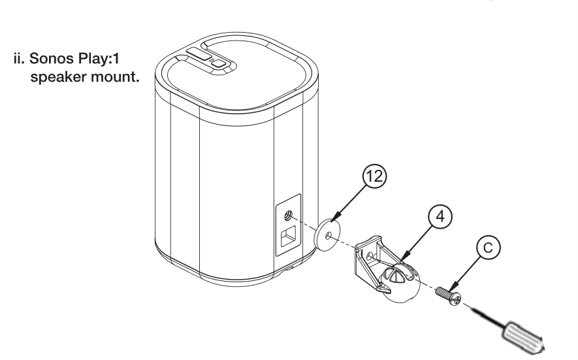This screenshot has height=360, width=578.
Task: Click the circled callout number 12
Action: (x=374, y=176)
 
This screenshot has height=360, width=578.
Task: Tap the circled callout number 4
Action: (x=440, y=216)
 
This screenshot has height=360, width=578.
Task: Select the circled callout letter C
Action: (x=488, y=248)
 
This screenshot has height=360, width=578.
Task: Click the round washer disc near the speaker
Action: (x=327, y=235)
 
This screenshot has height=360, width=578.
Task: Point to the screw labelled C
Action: (x=448, y=296)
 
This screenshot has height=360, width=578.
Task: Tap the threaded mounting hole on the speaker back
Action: (x=288, y=215)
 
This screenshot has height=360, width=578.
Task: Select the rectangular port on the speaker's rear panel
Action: (x=288, y=237)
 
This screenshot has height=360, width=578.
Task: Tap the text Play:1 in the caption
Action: (x=99, y=59)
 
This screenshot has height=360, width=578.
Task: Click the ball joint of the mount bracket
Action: (x=400, y=283)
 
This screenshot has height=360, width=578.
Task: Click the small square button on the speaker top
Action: (x=219, y=63)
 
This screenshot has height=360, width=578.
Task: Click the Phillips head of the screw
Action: (x=456, y=299)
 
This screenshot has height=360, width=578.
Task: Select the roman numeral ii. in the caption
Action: (x=19, y=59)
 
